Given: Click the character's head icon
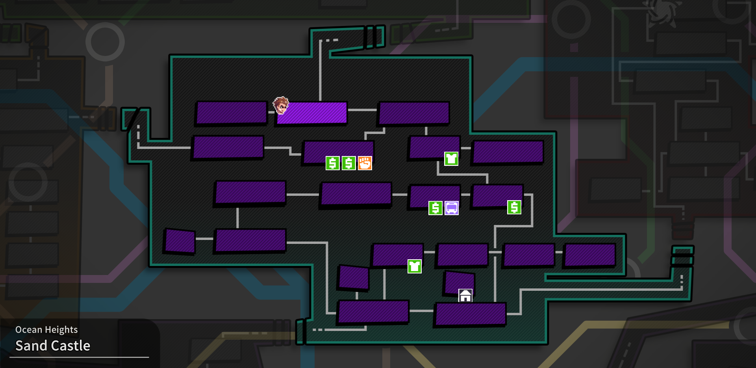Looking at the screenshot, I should tap(281, 106).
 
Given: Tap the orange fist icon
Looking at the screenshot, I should tap(365, 163).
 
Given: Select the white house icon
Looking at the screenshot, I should tap(465, 296).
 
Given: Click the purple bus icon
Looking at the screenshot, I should tap(452, 208).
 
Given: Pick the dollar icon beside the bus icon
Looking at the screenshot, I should tap(435, 208).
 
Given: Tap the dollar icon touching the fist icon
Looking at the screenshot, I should tap(348, 163).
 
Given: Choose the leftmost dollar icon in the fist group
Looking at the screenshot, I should tap(332, 163).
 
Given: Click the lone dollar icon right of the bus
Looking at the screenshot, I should tap(514, 207).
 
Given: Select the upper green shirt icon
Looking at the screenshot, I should tap(451, 159).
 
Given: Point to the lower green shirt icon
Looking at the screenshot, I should tap(414, 266).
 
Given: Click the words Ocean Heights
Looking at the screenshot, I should tap(46, 330).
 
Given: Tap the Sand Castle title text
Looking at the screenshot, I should tap(53, 346).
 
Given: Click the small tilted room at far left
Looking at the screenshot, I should tap(180, 241).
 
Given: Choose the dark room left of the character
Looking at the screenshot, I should tap(232, 112).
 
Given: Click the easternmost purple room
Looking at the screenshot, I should tap(590, 255).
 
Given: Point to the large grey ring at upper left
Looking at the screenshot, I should tap(105, 42).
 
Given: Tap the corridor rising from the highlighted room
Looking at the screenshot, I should tap(320, 71).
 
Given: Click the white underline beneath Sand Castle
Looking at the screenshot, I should tap(79, 357).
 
